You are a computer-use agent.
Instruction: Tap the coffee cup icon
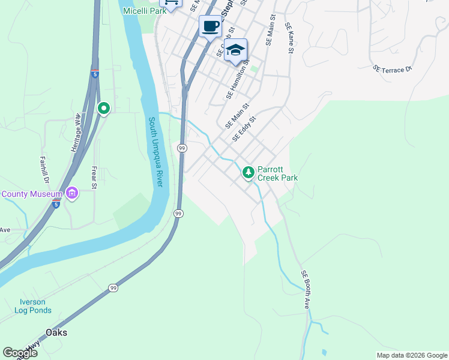(x=210, y=27)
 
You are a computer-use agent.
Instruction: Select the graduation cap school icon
(x=236, y=50)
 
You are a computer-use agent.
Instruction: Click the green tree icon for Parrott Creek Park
(x=248, y=173)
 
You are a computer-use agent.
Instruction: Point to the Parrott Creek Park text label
(x=277, y=173)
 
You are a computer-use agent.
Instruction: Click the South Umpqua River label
(x=155, y=151)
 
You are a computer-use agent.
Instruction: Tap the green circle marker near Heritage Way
(x=104, y=109)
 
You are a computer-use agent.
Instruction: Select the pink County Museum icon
(x=72, y=194)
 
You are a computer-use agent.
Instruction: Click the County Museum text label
(x=32, y=194)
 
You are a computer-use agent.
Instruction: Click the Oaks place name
(x=56, y=332)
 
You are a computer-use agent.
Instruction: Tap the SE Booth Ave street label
(x=306, y=289)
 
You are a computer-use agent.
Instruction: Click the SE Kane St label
(x=289, y=38)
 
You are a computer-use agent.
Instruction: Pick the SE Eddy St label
(x=244, y=128)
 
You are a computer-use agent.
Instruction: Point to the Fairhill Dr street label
(x=44, y=169)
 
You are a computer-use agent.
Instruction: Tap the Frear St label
(x=94, y=178)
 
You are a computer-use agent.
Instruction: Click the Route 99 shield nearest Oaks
(x=113, y=289)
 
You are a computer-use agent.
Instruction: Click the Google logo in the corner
(x=20, y=353)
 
